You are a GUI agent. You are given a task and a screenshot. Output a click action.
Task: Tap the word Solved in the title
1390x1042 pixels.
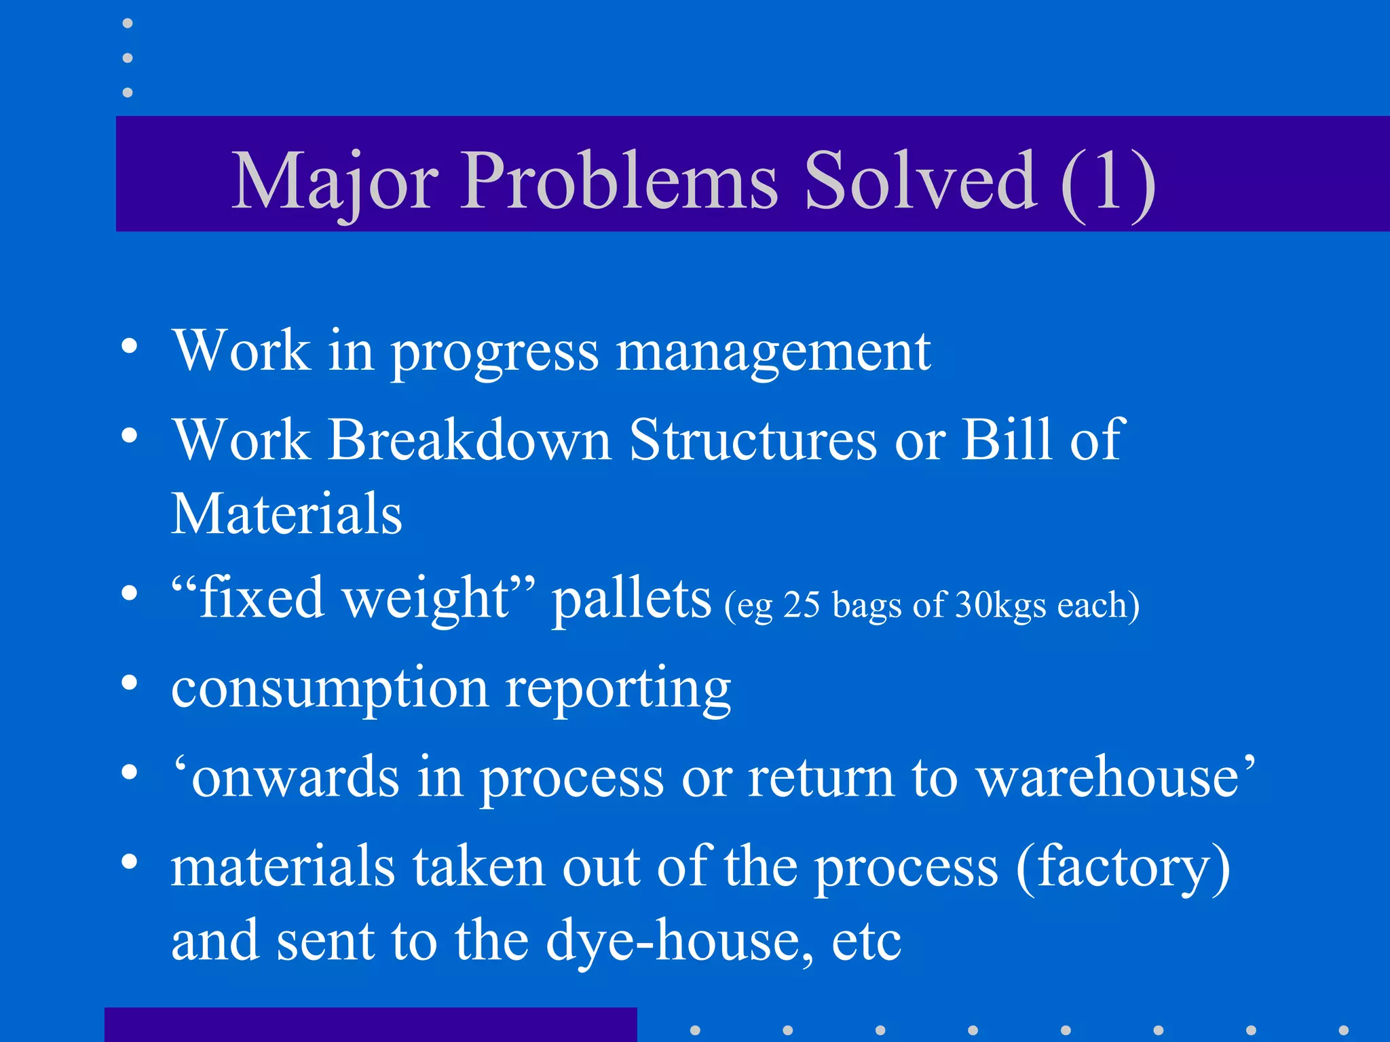pyautogui.click(x=920, y=182)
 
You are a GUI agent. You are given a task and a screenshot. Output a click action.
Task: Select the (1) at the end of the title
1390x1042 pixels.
pyautogui.click(x=1108, y=182)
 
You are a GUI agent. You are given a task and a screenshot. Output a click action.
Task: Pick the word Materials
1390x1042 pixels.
pyautogui.click(x=286, y=514)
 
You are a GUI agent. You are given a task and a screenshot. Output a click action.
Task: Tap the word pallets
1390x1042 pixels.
pyautogui.click(x=631, y=599)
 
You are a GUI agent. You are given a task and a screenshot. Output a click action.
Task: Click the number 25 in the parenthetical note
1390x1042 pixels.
pyautogui.click(x=802, y=604)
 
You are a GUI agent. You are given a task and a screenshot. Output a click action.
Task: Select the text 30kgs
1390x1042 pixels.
pyautogui.click(x=1000, y=604)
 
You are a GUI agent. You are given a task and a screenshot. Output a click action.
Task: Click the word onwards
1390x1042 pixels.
pyautogui.click(x=295, y=777)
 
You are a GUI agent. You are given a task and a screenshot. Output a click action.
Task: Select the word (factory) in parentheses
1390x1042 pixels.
pyautogui.click(x=1123, y=867)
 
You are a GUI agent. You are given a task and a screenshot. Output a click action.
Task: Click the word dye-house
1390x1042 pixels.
pyautogui.click(x=679, y=941)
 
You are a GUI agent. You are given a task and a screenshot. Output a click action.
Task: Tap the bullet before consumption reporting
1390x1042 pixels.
pyautogui.click(x=129, y=683)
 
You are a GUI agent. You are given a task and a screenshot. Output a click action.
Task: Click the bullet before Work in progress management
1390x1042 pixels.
pyautogui.click(x=129, y=347)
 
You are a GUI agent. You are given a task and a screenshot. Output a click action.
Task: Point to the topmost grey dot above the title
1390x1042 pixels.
pyautogui.click(x=128, y=24)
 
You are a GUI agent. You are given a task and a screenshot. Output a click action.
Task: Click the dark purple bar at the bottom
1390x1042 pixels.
pyautogui.click(x=371, y=1024)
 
